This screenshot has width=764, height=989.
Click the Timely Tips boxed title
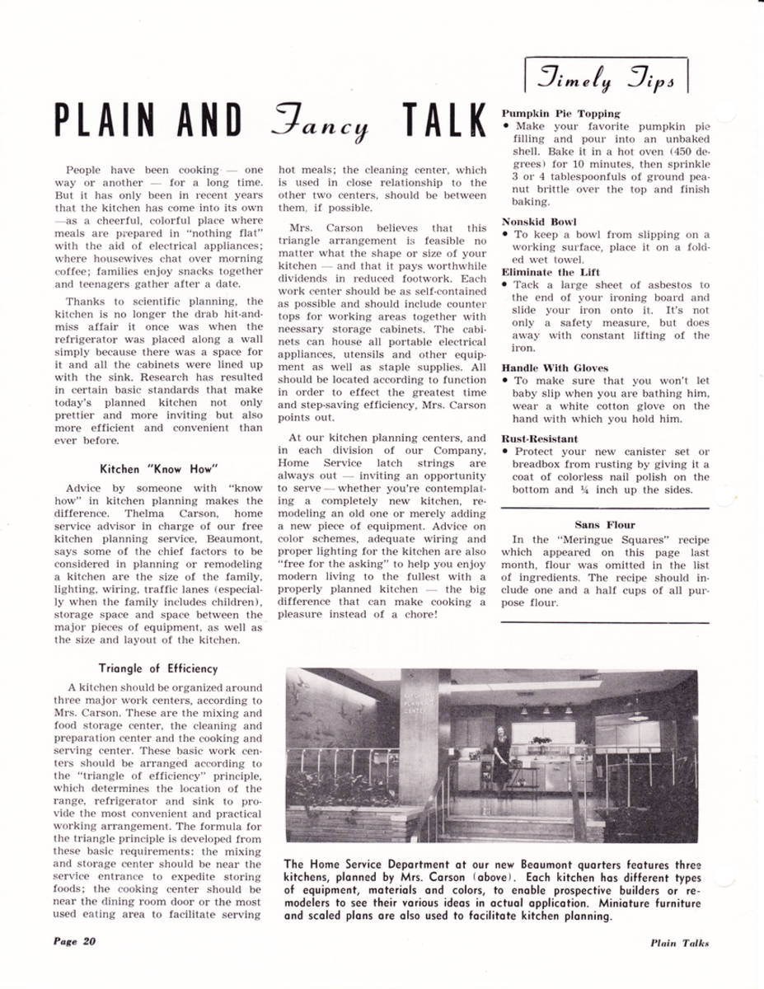(605, 76)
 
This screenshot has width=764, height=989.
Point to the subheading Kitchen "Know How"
(157, 469)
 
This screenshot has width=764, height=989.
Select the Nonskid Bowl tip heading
(539, 222)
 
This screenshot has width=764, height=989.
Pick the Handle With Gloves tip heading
(555, 368)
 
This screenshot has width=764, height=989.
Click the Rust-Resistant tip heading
(540, 439)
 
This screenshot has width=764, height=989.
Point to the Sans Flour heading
(605, 523)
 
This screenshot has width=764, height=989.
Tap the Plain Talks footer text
(678, 943)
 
